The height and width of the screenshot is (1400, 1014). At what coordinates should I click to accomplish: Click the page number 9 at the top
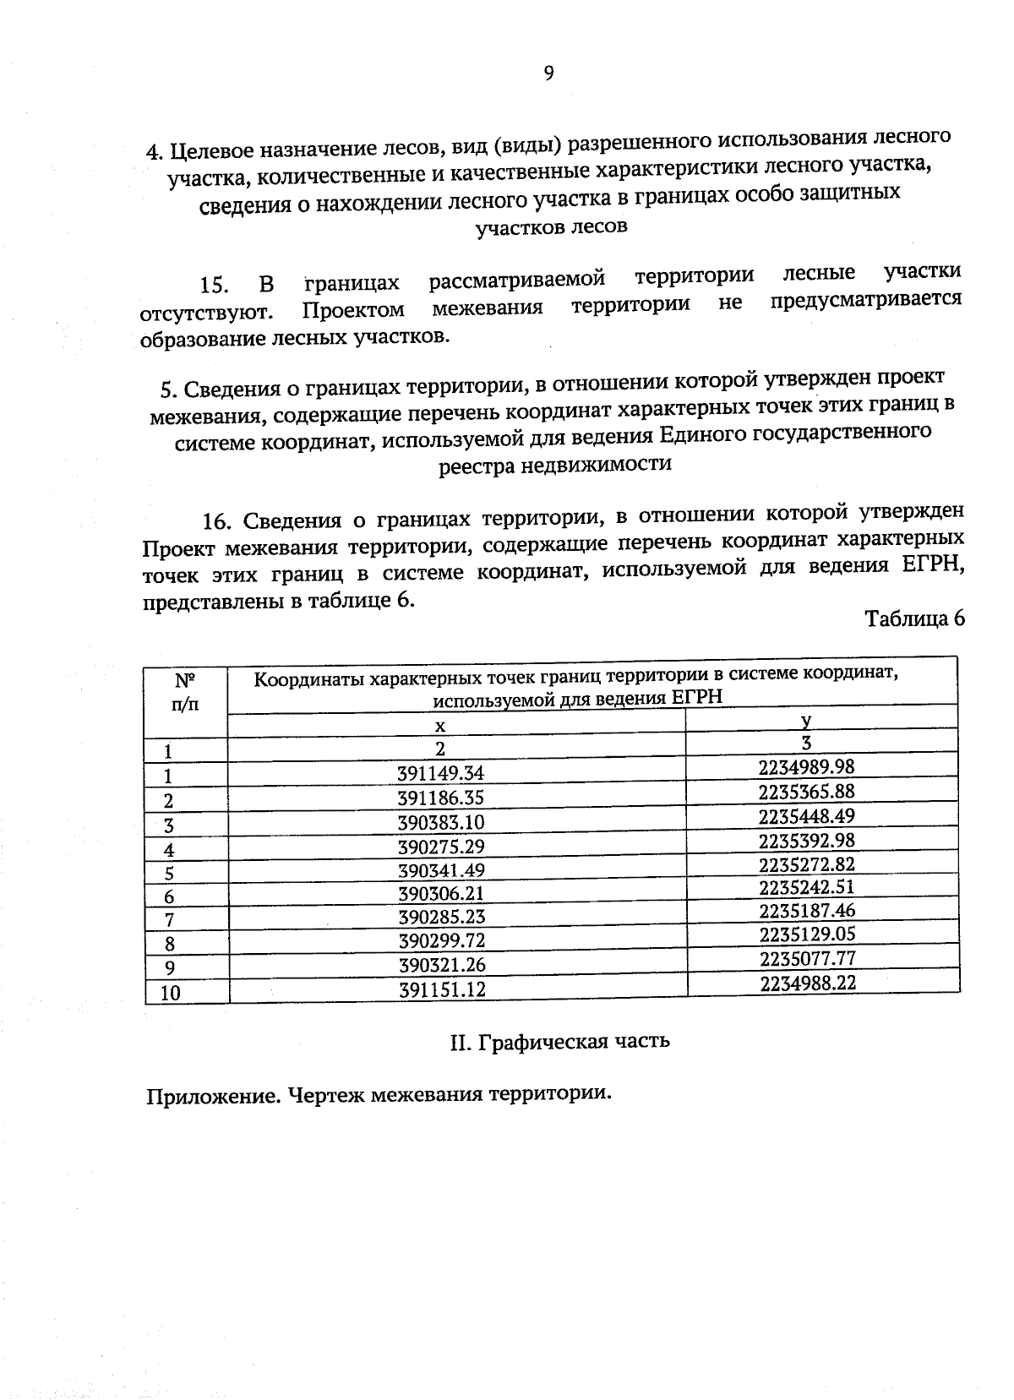548,74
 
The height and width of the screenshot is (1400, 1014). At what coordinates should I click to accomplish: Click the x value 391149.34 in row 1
440,773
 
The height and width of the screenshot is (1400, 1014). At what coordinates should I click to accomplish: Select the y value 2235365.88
807,791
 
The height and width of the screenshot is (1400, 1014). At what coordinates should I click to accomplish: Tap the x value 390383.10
440,822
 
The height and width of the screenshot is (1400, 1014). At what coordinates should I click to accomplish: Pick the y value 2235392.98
807,840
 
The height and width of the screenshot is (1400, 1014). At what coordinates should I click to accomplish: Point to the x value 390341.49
440,870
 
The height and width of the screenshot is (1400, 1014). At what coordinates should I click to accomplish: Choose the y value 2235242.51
807,886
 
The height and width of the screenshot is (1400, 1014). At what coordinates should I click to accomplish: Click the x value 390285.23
440,917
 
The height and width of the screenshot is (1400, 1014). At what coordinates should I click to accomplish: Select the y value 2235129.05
807,934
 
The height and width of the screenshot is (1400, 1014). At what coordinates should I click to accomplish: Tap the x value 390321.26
441,965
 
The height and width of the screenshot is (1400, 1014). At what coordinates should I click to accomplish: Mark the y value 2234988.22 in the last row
808,982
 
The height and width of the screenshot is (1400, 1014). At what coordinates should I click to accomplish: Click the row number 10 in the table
171,993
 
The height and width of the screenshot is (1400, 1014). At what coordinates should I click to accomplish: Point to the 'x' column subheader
439,726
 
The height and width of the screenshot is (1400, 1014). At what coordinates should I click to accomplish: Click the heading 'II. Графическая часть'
560,1041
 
